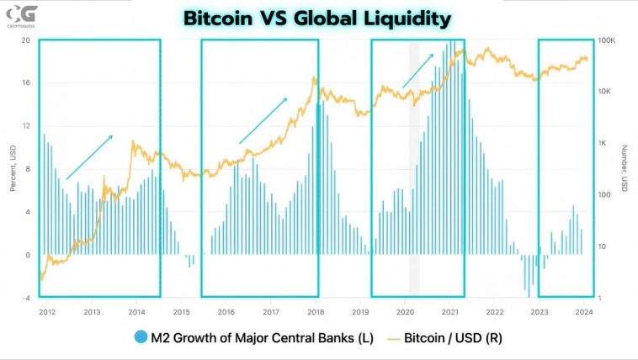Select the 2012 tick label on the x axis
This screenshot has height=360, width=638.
point(47,311)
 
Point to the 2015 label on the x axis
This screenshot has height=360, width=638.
point(181,311)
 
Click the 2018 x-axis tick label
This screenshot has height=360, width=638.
point(316,311)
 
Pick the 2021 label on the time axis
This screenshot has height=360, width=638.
point(449,311)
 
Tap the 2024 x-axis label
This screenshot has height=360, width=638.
point(583,311)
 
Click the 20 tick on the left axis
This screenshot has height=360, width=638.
point(26,40)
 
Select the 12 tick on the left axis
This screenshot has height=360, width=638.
point(26,126)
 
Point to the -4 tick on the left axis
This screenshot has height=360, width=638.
point(26,298)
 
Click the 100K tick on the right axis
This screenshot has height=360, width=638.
point(607,40)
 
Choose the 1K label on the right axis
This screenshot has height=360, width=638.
point(604,143)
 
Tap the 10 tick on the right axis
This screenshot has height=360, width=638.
point(603,246)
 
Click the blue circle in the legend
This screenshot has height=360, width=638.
point(141,338)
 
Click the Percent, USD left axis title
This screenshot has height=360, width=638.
point(13,169)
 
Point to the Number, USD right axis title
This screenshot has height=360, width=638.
point(625,169)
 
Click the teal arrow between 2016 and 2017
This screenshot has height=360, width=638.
point(263,120)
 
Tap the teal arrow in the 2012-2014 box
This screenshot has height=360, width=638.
point(89,156)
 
